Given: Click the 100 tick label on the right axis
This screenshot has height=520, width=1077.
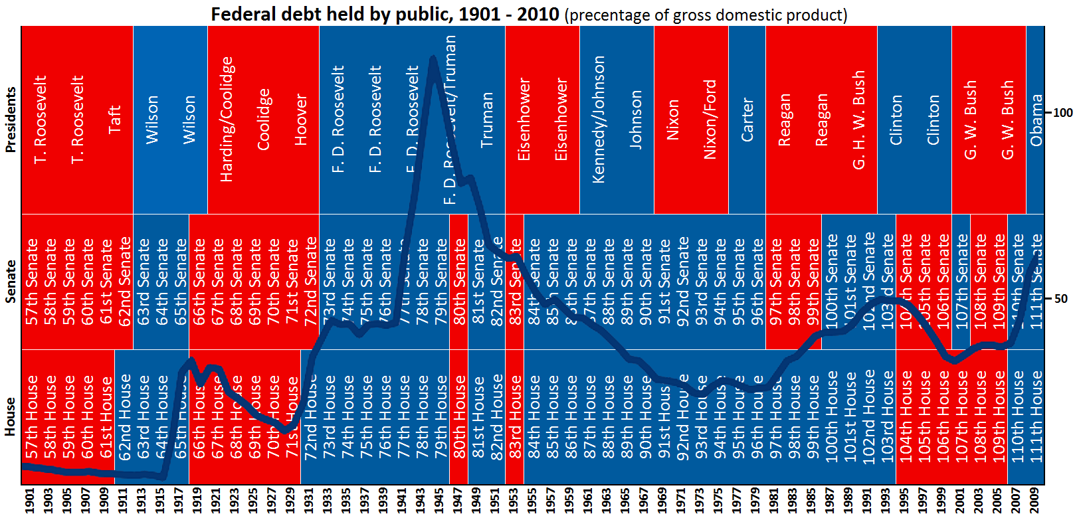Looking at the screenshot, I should click(x=1063, y=113).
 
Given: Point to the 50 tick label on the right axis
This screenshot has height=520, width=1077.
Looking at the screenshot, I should click(x=1061, y=299).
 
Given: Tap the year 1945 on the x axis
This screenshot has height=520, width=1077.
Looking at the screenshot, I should click(x=439, y=501).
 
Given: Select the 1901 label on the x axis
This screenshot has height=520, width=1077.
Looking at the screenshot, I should click(x=29, y=501).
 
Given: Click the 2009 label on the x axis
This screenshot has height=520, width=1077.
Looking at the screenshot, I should click(x=1034, y=501).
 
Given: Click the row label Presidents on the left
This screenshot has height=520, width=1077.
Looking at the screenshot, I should click(x=10, y=120).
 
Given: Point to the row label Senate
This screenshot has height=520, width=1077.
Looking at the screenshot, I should click(x=10, y=282).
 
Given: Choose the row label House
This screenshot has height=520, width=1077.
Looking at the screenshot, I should click(x=10, y=417).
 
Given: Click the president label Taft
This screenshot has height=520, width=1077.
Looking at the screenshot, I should click(x=114, y=120).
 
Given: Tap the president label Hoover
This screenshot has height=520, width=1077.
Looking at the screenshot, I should click(x=300, y=120).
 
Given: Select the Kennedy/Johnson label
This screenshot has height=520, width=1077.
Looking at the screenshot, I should click(x=598, y=120).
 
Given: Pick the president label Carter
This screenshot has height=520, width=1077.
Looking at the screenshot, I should click(x=747, y=120).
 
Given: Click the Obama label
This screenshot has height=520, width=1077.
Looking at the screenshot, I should click(x=1035, y=120).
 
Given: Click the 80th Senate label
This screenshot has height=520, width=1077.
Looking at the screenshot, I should click(x=459, y=282).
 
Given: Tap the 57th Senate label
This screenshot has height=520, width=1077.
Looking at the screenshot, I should click(x=31, y=282).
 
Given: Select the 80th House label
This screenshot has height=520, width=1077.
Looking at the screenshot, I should click(x=459, y=417).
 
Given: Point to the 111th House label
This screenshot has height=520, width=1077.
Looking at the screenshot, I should click(x=1035, y=417).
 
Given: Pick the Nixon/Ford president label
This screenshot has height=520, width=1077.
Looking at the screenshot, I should click(x=710, y=120).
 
